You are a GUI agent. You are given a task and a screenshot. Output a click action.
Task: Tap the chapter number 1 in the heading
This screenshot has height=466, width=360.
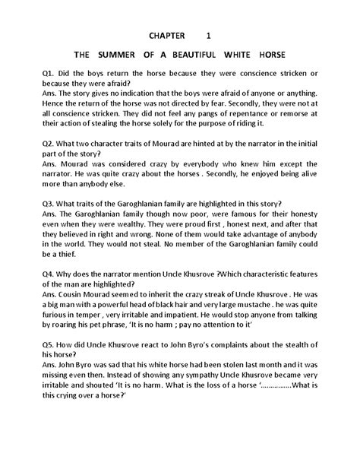point(209,36)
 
